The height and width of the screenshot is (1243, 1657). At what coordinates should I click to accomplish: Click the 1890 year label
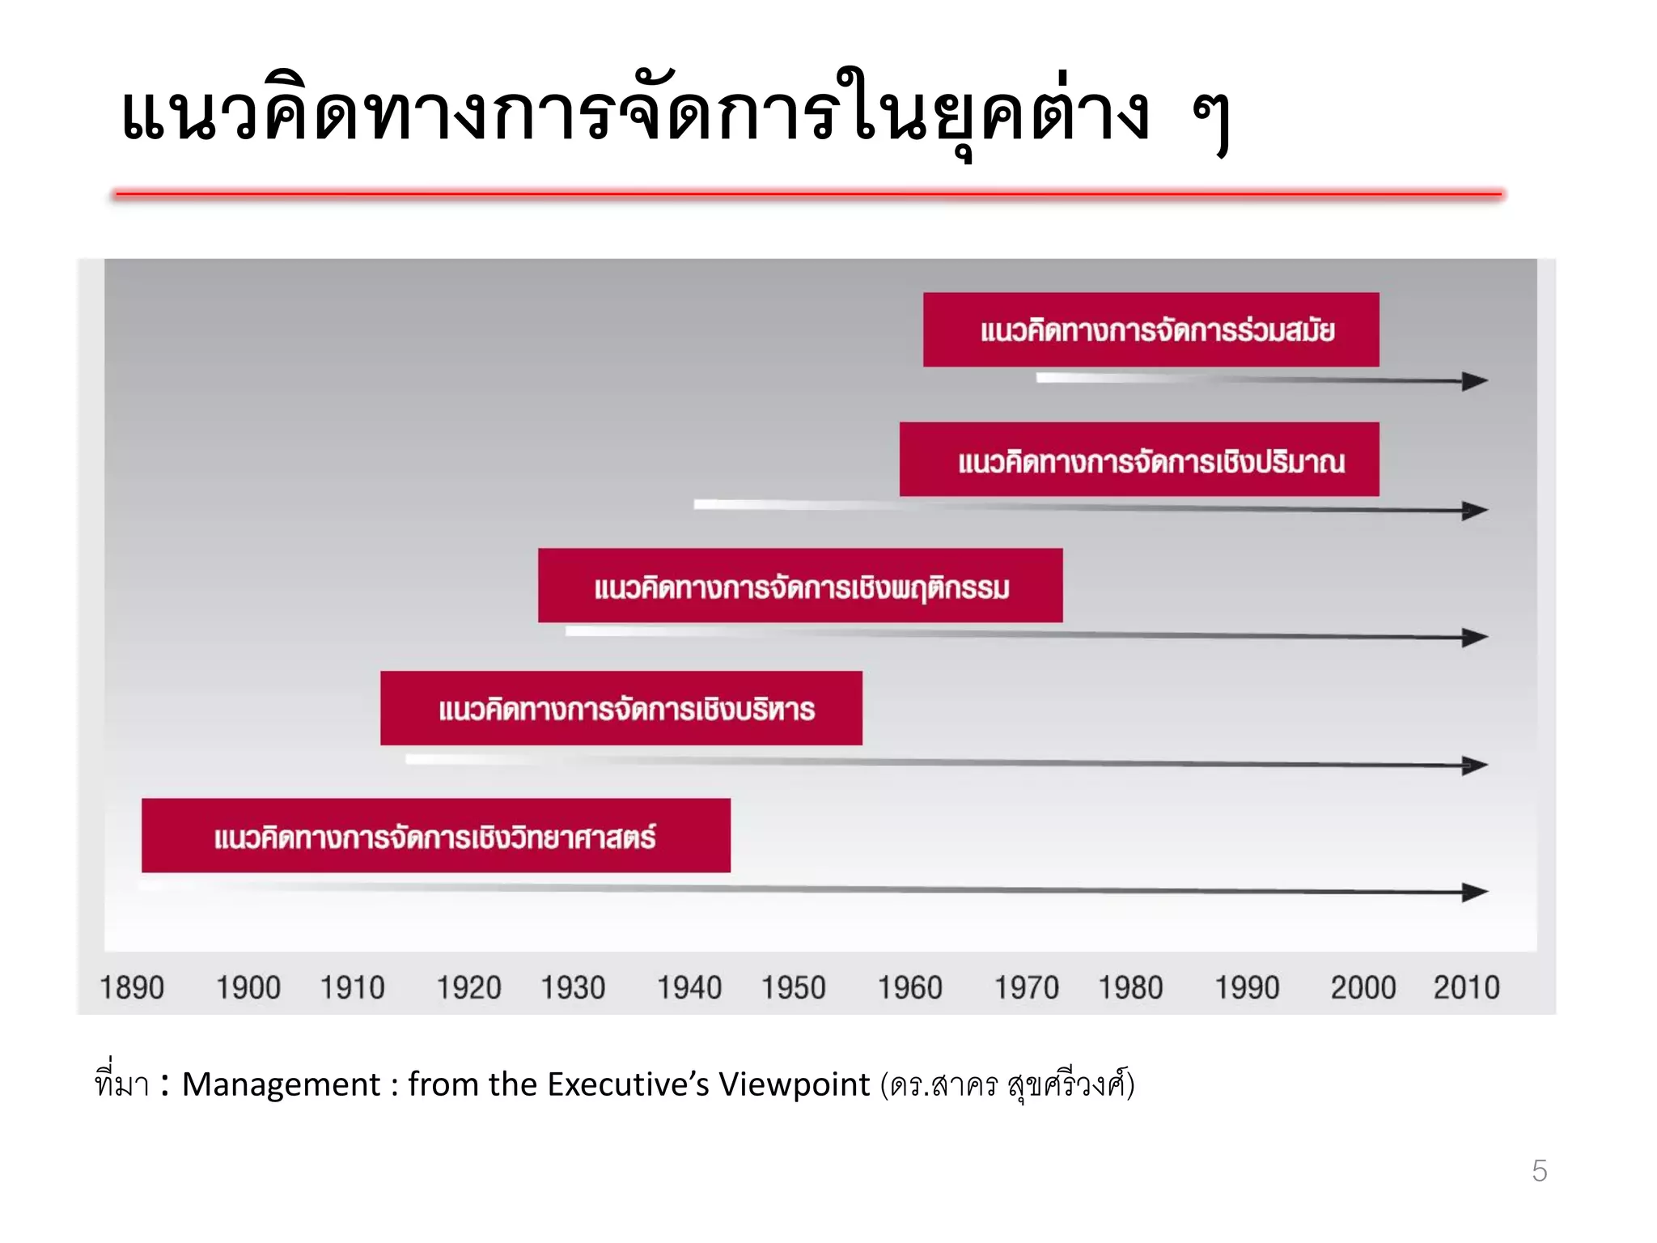132,987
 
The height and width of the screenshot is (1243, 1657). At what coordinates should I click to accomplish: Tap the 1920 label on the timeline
468,987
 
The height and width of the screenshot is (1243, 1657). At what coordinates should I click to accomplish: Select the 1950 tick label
793,987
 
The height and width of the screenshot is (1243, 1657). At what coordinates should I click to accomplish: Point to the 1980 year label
1130,987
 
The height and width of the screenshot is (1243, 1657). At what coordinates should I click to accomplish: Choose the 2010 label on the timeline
1466,987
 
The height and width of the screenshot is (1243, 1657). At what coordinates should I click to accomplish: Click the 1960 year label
910,987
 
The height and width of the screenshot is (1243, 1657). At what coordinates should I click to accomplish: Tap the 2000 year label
1363,987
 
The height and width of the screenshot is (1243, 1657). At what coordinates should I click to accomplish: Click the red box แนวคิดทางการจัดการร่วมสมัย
1151,329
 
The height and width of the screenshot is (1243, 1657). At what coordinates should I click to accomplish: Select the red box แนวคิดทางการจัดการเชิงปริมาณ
1139,459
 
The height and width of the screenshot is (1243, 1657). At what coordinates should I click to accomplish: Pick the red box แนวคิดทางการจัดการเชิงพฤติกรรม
800,585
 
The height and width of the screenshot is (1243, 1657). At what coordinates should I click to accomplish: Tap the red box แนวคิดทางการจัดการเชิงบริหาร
621,708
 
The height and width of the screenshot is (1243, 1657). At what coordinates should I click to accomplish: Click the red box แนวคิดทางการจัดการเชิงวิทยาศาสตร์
436,835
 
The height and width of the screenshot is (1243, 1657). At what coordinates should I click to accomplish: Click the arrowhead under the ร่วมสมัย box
1475,381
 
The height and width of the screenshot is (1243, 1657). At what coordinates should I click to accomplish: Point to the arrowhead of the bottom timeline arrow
1475,892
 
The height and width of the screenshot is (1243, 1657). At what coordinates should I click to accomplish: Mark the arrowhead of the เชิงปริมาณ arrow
1475,511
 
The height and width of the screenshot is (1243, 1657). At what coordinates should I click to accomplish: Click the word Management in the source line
281,1084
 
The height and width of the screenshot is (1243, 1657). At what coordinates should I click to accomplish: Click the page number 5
1539,1171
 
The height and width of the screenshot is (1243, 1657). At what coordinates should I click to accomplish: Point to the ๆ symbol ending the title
1211,121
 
